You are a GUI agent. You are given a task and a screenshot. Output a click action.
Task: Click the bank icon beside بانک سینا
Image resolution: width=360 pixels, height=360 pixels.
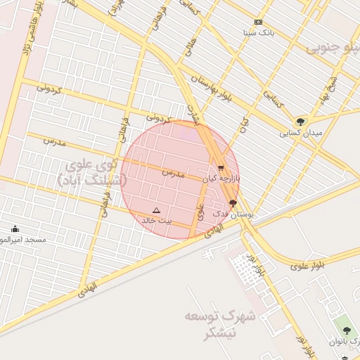(258, 22)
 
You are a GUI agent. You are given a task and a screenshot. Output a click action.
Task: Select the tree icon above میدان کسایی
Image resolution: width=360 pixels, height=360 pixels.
(300, 122)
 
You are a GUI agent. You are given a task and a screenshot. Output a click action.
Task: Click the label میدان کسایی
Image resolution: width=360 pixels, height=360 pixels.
(300, 132)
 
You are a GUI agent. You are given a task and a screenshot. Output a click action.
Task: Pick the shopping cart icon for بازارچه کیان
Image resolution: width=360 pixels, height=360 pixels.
(221, 169)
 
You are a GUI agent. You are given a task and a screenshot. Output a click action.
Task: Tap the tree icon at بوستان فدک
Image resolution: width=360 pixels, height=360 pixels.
(233, 202)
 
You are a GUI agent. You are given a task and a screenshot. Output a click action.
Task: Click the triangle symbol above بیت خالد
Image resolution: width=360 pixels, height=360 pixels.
(156, 210)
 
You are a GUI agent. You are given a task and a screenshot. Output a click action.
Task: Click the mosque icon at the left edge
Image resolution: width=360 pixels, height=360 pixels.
(15, 229)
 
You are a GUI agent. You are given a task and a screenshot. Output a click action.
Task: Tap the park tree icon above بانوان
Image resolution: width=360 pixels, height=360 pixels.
(345, 330)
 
